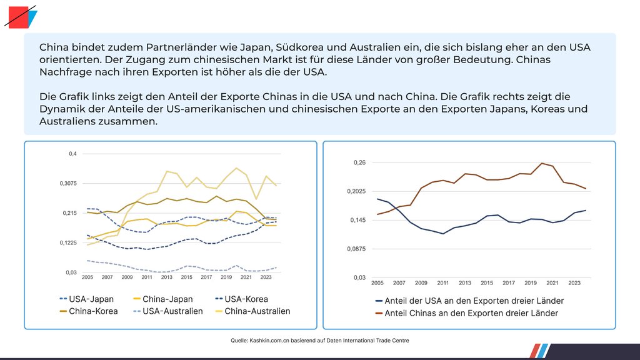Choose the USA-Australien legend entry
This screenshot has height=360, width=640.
(x=172, y=311)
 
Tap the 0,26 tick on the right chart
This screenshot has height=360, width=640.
(x=360, y=162)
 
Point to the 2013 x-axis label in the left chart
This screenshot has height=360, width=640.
(x=167, y=277)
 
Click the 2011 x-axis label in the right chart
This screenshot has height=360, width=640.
(x=443, y=282)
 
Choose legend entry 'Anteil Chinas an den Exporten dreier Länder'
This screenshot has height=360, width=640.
(x=471, y=313)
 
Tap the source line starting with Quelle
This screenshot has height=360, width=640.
(x=320, y=340)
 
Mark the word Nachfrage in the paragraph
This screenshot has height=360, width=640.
(x=65, y=73)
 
